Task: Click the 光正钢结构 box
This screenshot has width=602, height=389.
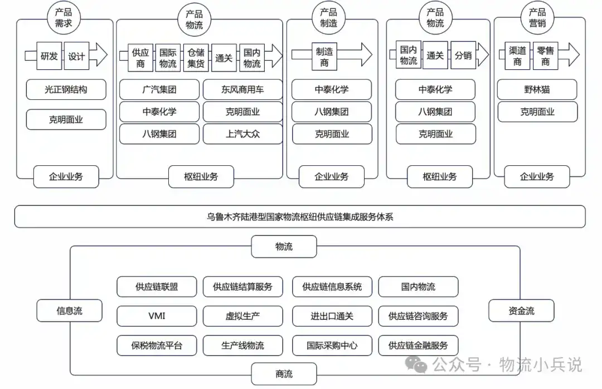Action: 66,89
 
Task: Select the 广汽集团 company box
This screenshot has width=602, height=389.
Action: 159,89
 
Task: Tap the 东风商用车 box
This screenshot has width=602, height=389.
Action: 242,89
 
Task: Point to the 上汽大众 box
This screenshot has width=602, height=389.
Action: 242,134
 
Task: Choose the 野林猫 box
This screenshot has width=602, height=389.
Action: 537,89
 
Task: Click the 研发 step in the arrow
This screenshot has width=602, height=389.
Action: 49,56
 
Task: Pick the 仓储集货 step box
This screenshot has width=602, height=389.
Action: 196,57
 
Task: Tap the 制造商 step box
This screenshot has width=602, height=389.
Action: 324,56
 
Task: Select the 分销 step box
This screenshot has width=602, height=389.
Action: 463,55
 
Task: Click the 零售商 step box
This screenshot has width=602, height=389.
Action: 546,56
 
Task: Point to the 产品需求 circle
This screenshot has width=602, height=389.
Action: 64,18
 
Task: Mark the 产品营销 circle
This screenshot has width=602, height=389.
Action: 537,18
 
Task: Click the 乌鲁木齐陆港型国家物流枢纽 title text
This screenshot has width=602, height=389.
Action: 263,217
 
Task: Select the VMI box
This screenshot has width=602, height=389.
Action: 157,316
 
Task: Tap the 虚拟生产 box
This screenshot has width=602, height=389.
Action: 242,316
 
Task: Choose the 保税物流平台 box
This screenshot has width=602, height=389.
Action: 157,345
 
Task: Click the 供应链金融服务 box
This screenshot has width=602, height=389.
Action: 418,345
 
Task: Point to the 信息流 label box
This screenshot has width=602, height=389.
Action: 70,310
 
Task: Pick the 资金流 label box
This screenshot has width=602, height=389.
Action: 521,310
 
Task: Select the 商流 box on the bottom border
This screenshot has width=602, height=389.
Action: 284,373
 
